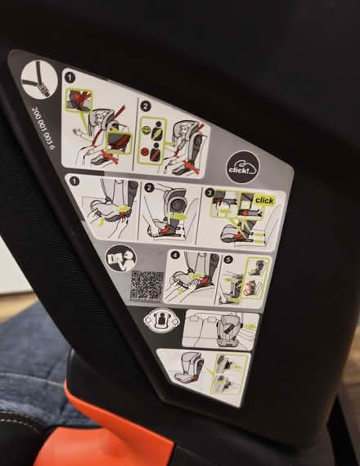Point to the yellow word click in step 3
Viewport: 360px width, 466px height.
263,200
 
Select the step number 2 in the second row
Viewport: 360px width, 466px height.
150,188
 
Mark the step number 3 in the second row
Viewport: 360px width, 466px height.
209,195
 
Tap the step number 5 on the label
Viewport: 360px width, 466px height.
227,262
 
